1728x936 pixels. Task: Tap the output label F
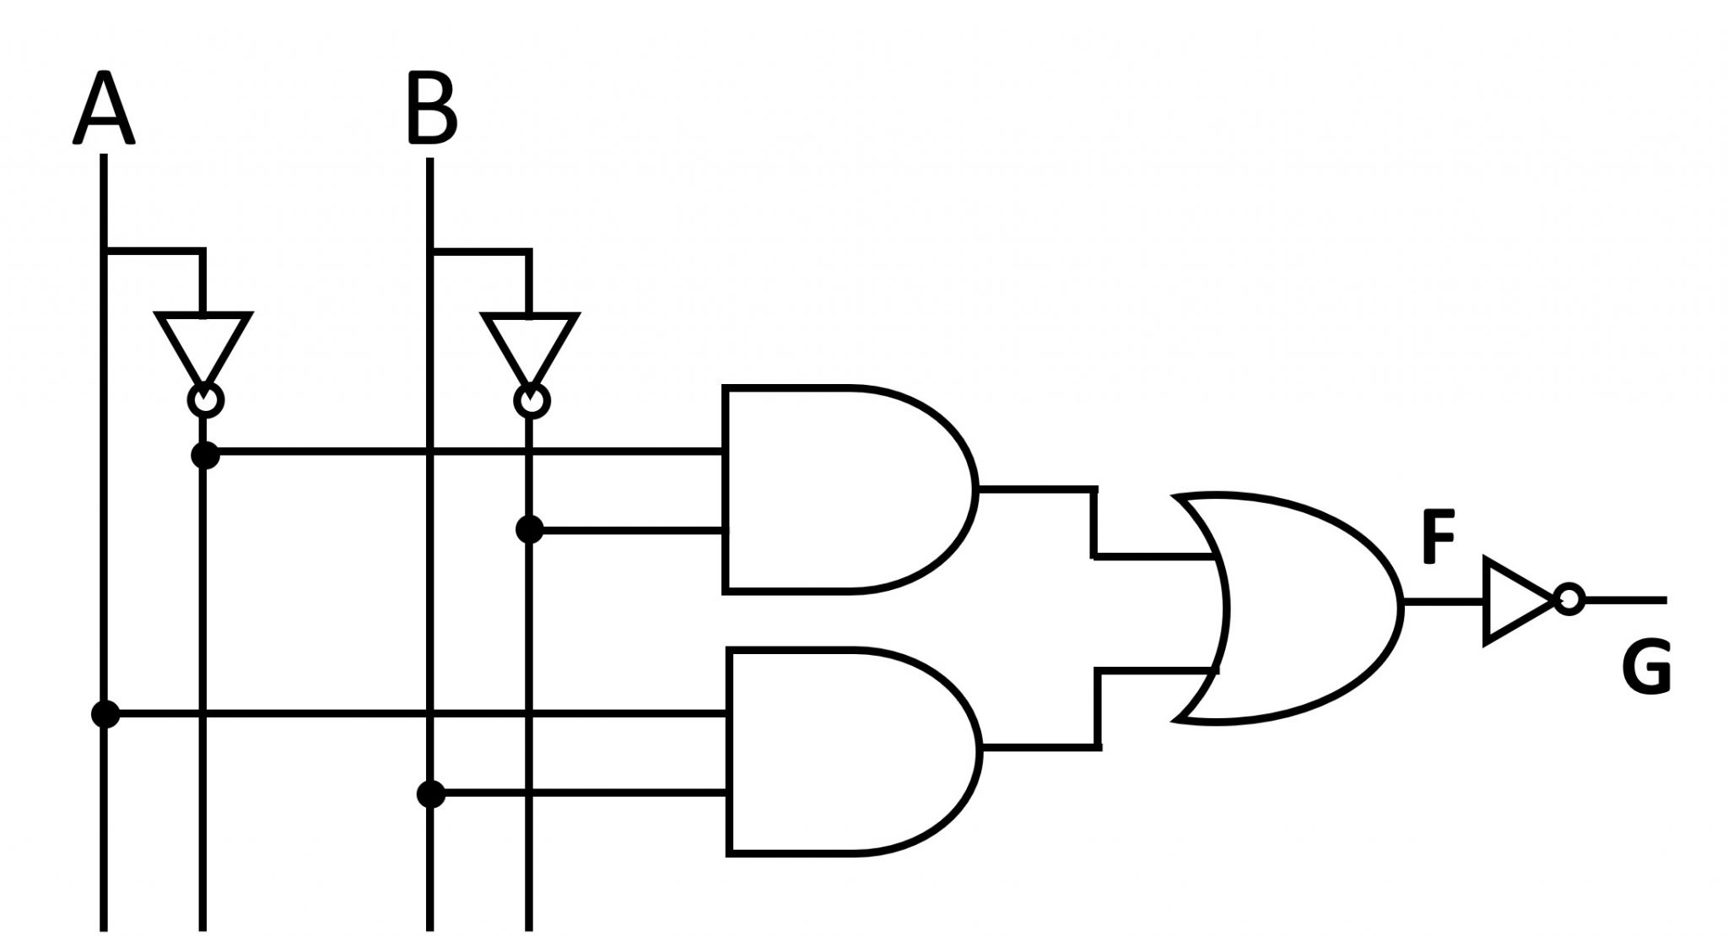tap(1439, 536)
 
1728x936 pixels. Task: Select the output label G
tap(1645, 668)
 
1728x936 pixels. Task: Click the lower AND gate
tap(853, 750)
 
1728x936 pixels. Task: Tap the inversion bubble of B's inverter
tap(532, 401)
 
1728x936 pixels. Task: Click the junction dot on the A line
tap(105, 714)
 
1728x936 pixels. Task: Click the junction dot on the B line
tap(431, 794)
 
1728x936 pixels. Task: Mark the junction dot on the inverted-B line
tap(529, 530)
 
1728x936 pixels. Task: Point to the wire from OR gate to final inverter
tap(1444, 602)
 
